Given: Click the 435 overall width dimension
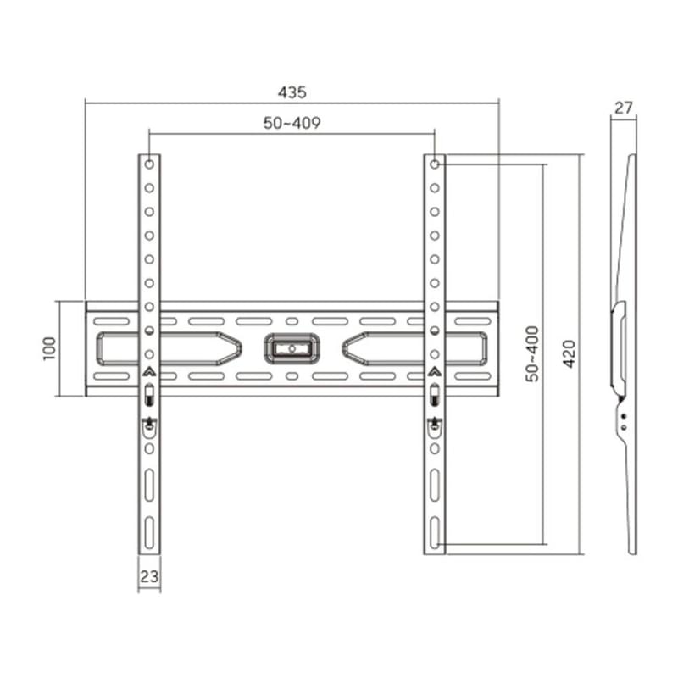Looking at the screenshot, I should pyautogui.click(x=292, y=91).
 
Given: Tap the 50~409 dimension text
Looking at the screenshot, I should pyautogui.click(x=292, y=123).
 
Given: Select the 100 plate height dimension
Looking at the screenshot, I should pyautogui.click(x=48, y=347).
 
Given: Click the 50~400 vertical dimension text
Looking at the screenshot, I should pyautogui.click(x=531, y=353).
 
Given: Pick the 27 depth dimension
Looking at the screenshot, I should pyautogui.click(x=624, y=108).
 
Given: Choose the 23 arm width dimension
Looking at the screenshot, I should pyautogui.click(x=149, y=576).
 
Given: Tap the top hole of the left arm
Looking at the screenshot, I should pyautogui.click(x=149, y=164).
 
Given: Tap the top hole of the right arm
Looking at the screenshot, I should pyautogui.click(x=434, y=164).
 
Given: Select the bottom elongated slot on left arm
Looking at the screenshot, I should pyautogui.click(x=149, y=532).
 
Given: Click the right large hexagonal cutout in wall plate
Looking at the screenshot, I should pyautogui.click(x=415, y=347).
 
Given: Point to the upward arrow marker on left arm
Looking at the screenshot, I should pyautogui.click(x=149, y=371).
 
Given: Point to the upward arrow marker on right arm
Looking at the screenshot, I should pyautogui.click(x=434, y=371).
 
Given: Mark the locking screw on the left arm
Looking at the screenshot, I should pyautogui.click(x=149, y=424).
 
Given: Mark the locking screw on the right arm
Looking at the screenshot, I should pyautogui.click(x=434, y=424).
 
